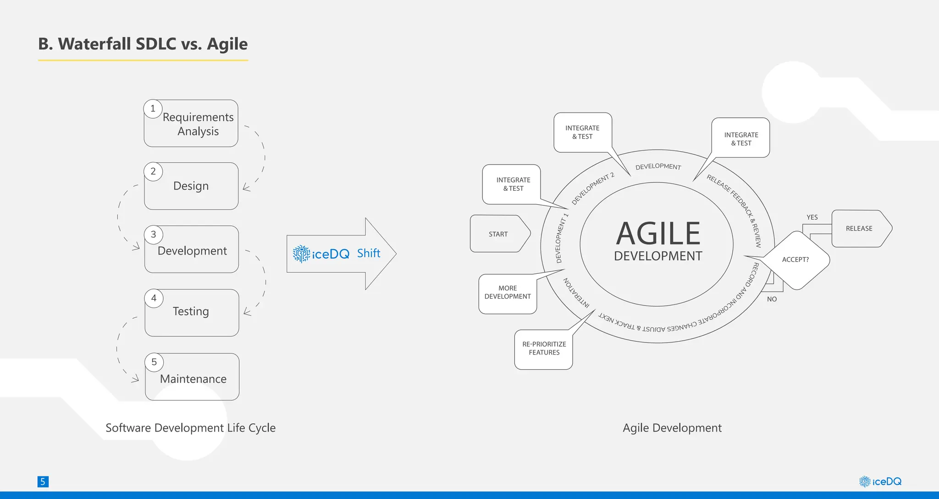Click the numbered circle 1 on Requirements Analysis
coord(153,109)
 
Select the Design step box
coord(191,186)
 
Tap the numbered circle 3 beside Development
coord(154,234)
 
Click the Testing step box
coord(192,312)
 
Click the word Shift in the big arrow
coord(369,253)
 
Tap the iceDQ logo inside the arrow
coord(321,254)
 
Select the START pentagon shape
coord(499,234)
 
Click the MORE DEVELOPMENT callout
coord(508,293)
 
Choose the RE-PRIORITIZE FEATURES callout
coord(544,349)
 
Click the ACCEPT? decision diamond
coord(796,260)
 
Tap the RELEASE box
coord(859,228)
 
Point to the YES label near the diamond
coord(812,217)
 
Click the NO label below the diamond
coord(772,299)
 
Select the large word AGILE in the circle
coord(658,234)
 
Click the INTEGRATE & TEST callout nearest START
coord(513,184)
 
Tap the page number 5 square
coord(43,482)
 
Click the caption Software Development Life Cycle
coord(190,428)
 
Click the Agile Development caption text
coord(672,428)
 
